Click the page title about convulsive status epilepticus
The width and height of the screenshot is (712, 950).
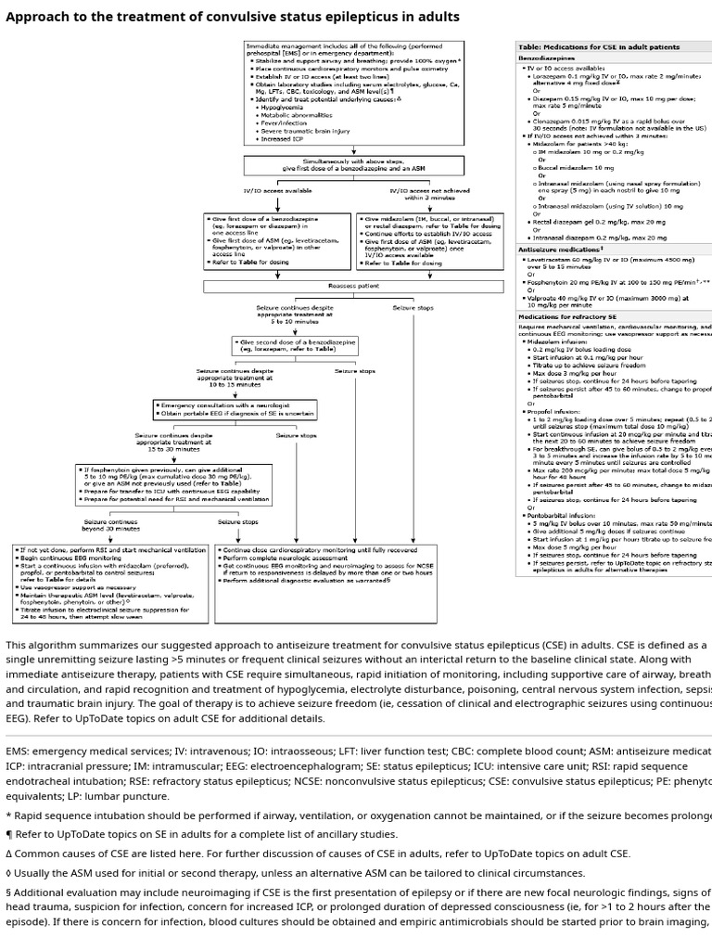233,17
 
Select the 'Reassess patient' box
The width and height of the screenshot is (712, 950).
341,287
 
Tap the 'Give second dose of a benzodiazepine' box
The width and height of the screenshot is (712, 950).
296,346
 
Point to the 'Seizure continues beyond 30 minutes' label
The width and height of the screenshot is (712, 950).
111,524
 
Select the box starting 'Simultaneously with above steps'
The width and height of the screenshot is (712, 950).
355,165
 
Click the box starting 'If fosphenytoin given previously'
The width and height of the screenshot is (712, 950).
166,482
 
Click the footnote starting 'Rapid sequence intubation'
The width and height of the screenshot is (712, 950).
356,815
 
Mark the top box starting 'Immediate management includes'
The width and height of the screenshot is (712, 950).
353,92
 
